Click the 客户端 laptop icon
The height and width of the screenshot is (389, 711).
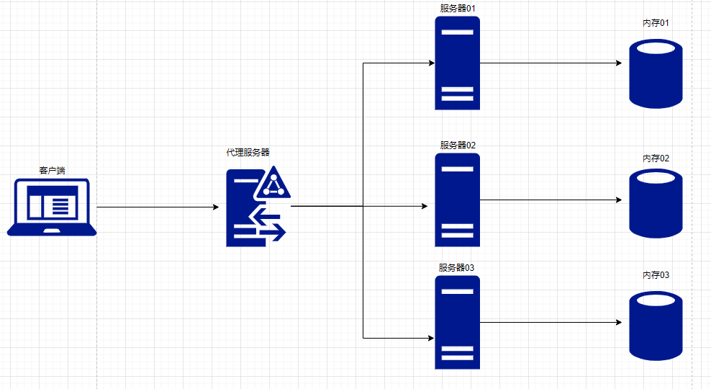(x=52, y=207)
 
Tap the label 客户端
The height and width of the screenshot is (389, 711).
(x=52, y=171)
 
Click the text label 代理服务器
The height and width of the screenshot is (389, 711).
(x=248, y=153)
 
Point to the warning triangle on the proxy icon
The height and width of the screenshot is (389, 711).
(x=273, y=184)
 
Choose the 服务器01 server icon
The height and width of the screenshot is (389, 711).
(x=457, y=63)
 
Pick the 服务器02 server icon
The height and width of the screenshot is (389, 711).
(x=457, y=200)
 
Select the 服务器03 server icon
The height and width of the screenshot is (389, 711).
(x=457, y=322)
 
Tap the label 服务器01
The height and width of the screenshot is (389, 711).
(x=458, y=8)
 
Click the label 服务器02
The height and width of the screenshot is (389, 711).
(x=458, y=145)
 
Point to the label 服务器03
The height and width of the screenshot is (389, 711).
(x=457, y=267)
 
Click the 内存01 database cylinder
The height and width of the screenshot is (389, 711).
(x=656, y=73)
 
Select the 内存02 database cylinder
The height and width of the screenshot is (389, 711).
(x=656, y=203)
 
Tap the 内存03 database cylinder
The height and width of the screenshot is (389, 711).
(x=656, y=325)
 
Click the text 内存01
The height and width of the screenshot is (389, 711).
(x=656, y=24)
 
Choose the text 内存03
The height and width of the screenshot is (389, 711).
(x=656, y=275)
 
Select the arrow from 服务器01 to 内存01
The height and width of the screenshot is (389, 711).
(x=551, y=63)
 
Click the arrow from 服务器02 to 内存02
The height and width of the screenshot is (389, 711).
(x=551, y=200)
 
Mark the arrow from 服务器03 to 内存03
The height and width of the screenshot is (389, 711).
(x=551, y=322)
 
